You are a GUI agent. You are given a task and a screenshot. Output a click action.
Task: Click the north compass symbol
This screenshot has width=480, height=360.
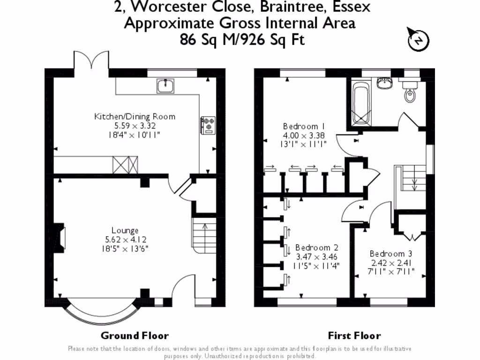point(419,40)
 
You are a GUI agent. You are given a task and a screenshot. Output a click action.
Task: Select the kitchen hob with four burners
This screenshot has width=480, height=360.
point(208,125)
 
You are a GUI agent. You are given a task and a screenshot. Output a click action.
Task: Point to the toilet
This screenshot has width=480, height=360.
point(409,92)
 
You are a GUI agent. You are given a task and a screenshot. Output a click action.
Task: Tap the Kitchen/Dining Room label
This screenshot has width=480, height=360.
point(135,117)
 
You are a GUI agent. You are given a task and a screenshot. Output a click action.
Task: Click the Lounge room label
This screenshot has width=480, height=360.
point(125,230)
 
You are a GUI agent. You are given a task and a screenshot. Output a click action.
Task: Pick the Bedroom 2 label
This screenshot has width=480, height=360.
point(317,247)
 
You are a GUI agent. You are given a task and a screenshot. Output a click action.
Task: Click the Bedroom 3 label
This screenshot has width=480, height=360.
point(390,254)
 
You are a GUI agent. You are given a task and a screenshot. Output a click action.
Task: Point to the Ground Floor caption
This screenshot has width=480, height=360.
point(135,336)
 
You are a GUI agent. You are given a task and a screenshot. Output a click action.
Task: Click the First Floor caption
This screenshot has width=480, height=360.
point(354,336)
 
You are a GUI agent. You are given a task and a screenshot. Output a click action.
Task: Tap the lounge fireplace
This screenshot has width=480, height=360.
point(60,238)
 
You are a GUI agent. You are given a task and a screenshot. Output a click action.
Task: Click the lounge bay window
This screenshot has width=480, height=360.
point(100,315)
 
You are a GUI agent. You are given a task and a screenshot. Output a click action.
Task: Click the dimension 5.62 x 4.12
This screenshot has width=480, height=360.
point(125,239)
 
